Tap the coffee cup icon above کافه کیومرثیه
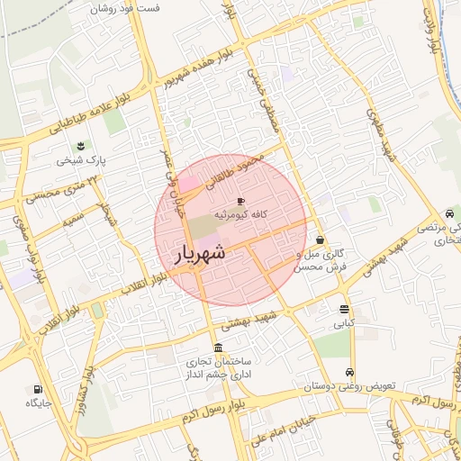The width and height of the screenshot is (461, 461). coord(240,201)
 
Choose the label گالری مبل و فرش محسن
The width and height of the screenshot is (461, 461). coord(321,262)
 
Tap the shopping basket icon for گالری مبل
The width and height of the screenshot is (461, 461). coord(321,240)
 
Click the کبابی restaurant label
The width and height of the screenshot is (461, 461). coord(346,321)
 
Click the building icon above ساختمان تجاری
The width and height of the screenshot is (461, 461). coord(219,348)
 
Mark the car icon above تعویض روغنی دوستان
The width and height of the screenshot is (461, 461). coord(349,373)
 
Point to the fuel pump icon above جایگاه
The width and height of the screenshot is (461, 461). coord(37,389)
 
